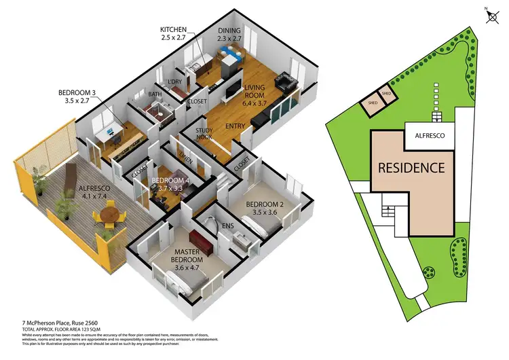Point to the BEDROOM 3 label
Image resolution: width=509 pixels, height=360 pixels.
(75, 94)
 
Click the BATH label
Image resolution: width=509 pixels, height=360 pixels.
(155, 95)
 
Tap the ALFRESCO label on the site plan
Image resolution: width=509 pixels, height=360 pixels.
(425, 136)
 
